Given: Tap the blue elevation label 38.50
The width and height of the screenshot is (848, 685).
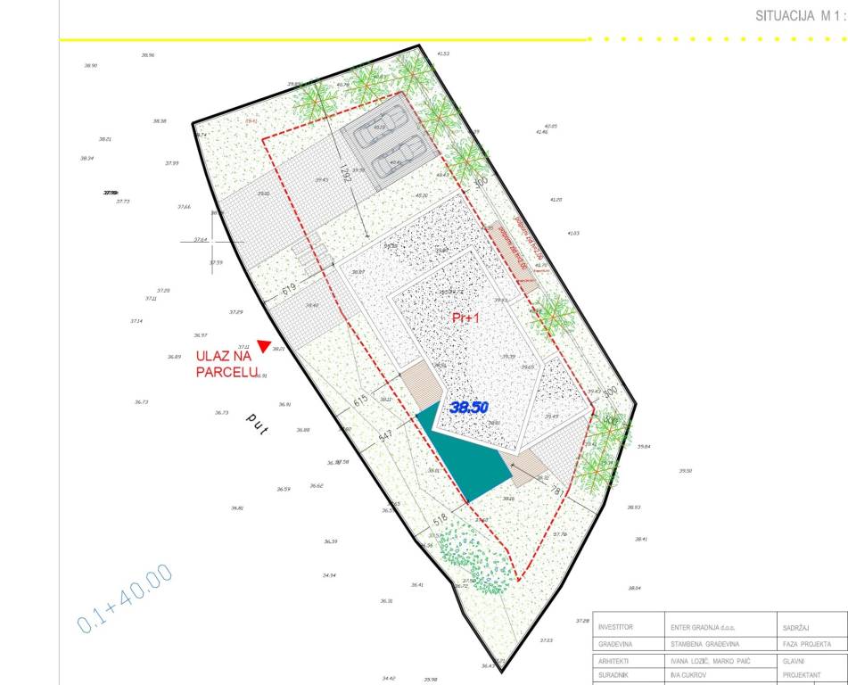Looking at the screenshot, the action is click(469, 408).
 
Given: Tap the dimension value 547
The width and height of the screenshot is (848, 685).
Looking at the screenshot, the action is click(384, 436).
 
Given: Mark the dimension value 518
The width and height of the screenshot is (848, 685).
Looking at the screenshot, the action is click(440, 518).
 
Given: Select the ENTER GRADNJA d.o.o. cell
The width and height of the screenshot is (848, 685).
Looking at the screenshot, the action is click(708, 627).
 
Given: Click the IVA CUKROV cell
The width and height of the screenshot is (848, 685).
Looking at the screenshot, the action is click(689, 675).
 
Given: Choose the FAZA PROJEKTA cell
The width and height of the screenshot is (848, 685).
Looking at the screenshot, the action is click(806, 644).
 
